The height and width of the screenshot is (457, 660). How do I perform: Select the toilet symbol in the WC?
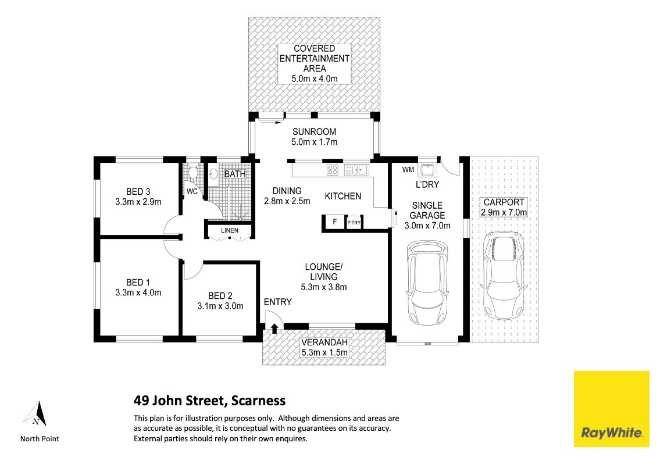193,173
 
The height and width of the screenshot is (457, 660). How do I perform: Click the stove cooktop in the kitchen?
333,170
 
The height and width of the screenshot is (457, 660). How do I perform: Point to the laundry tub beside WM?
427,170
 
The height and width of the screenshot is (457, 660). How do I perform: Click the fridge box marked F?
334,222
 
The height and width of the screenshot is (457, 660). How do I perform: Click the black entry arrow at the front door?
274,328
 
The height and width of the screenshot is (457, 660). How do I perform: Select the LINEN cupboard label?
229,230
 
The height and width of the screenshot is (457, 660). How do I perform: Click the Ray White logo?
611,409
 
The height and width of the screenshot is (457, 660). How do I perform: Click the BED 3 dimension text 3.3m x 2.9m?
138,202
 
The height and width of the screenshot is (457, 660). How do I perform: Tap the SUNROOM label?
314,132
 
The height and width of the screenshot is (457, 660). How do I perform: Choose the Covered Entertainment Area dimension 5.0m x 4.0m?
315,78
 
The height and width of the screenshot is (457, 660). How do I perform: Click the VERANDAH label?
324,342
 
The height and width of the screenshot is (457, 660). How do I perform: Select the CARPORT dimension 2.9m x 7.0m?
504,212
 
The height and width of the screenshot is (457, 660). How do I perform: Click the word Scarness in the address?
258,401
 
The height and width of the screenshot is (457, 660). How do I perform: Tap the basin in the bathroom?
213,174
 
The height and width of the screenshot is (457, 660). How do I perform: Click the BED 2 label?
220,296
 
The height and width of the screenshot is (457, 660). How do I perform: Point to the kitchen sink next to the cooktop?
356,170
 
